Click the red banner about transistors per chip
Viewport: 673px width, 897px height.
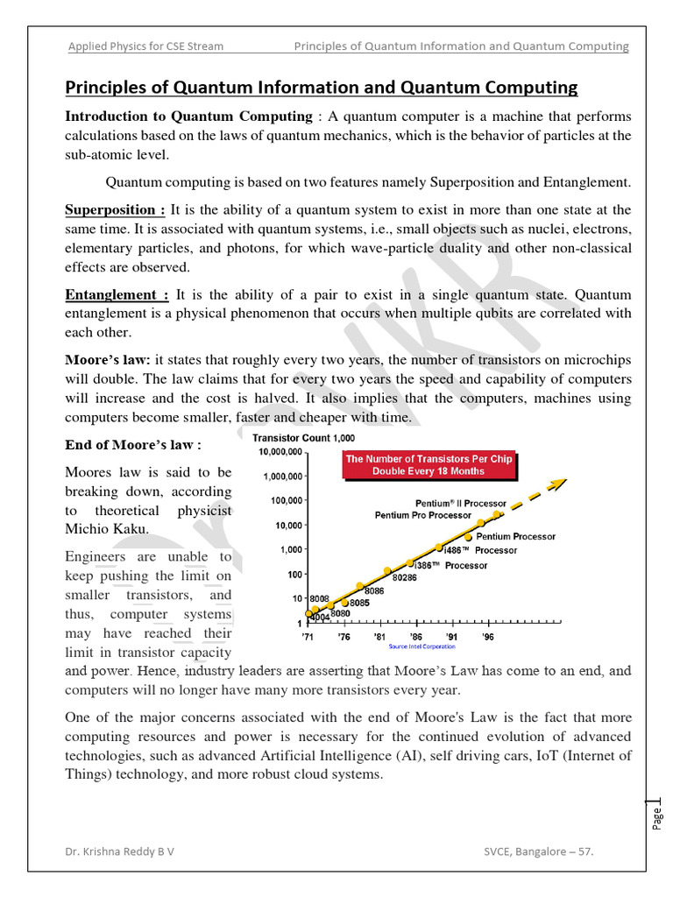429,464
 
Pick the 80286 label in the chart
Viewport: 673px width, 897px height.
404,577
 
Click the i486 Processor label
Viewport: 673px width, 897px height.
480,550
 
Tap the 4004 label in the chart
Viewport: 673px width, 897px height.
321,617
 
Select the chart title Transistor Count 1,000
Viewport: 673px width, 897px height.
304,438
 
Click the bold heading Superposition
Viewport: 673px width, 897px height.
115,210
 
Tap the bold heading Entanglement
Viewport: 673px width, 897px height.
117,295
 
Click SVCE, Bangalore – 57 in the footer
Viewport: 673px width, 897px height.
543,851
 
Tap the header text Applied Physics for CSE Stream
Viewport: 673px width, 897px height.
145,46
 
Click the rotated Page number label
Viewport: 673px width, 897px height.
657,816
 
